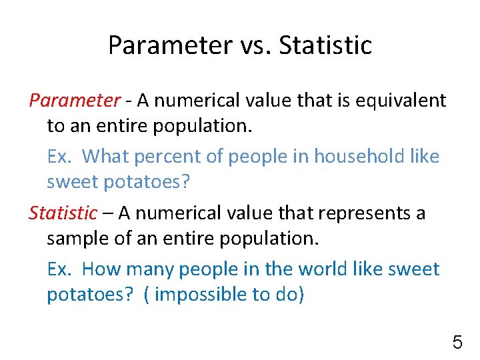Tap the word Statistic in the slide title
[325, 45]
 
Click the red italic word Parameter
[74, 100]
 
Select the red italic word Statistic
[63, 213]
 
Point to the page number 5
[457, 343]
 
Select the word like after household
[425, 156]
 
